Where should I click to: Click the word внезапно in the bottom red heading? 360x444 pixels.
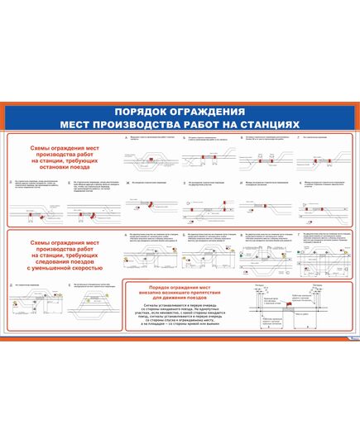point(154,292)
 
